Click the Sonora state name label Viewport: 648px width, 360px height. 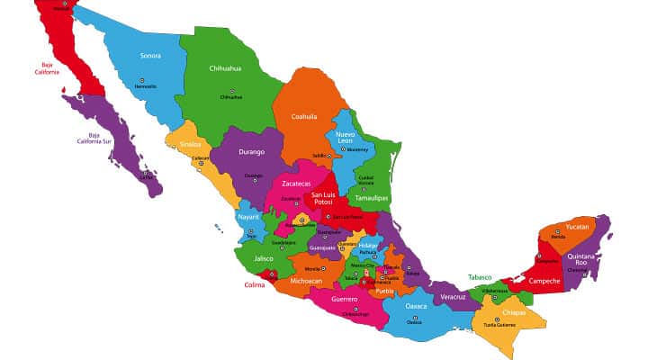(150, 56)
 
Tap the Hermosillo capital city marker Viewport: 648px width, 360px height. (146, 80)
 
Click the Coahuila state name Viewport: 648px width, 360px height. (303, 116)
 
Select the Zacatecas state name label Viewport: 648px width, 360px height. (296, 184)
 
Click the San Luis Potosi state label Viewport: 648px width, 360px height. (328, 199)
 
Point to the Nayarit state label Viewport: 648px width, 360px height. (248, 217)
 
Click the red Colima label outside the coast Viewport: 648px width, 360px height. (256, 285)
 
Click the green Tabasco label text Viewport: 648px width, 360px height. (481, 277)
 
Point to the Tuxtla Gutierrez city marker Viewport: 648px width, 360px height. (499, 319)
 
